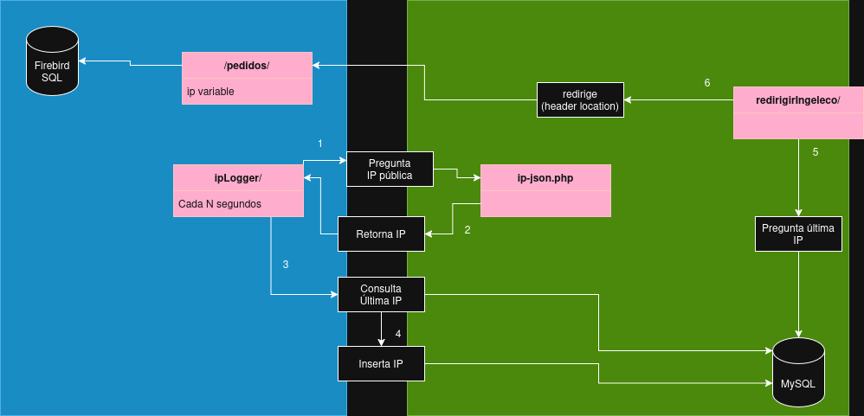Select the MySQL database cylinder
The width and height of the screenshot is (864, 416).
pos(797,372)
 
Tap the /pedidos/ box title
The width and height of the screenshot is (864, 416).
pos(247,65)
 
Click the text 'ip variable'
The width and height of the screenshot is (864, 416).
pos(210,91)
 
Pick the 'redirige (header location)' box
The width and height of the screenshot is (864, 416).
pos(580,99)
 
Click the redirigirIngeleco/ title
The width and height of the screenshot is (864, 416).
pos(798,99)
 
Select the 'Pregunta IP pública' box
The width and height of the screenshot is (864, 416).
pos(390,169)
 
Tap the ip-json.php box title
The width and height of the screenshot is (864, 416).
pos(545,177)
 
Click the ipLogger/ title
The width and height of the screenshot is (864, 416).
pos(238,178)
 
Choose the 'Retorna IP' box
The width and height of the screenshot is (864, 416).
pos(381,234)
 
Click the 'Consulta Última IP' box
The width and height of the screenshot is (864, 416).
pos(381,294)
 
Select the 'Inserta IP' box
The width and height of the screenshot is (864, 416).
pos(381,363)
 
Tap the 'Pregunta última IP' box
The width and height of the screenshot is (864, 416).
pos(798,234)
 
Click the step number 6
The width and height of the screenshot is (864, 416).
pos(707,83)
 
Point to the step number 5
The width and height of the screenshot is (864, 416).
pos(815,152)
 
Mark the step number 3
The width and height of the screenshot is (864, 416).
pos(285,264)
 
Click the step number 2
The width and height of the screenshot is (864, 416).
pos(467,230)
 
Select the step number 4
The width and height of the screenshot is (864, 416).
pos(398,334)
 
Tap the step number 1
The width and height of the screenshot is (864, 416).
pos(320,143)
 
